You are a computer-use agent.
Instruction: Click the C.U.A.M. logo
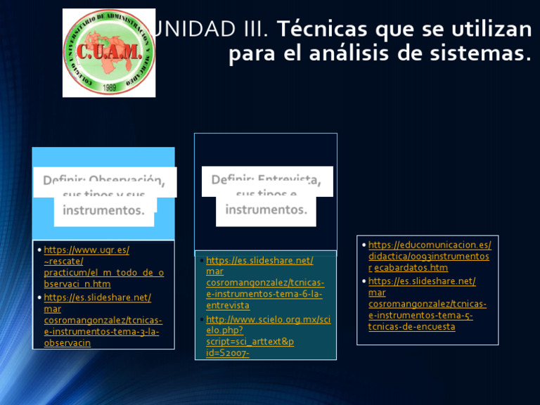click(109, 52)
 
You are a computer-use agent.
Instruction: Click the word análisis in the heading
click(346, 54)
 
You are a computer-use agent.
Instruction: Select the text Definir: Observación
click(104, 181)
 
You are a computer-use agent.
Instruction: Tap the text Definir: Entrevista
click(266, 180)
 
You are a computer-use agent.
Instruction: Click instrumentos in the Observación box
click(103, 210)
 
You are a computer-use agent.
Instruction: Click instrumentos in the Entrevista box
click(266, 210)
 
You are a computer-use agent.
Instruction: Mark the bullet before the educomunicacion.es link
click(363, 245)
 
